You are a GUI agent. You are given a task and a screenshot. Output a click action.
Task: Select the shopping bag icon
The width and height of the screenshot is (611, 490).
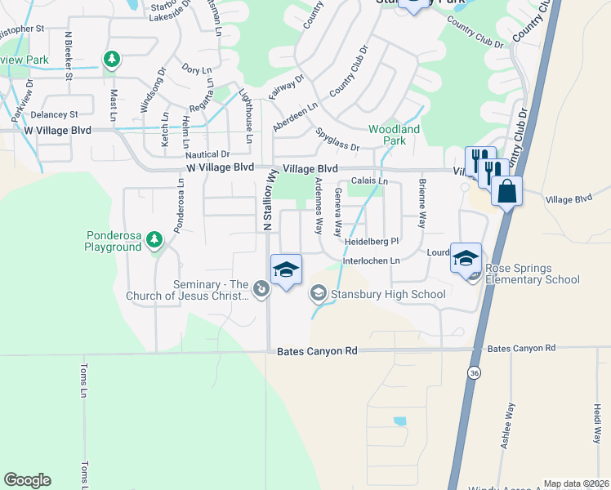click(507, 193)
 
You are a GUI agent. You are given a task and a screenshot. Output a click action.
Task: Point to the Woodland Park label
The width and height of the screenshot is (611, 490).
click(394, 135)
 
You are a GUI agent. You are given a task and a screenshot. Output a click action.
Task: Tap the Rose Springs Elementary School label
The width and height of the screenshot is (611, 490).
click(533, 274)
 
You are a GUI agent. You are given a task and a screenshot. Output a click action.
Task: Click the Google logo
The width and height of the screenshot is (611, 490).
click(27, 480)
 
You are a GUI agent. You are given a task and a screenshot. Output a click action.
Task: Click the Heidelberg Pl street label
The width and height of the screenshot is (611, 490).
click(371, 242)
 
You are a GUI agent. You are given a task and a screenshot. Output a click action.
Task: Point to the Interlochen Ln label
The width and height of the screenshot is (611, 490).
click(371, 261)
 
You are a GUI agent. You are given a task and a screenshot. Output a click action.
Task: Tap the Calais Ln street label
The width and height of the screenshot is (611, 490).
click(369, 180)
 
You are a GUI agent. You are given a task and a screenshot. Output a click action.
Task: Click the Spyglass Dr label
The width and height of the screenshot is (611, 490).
click(337, 140)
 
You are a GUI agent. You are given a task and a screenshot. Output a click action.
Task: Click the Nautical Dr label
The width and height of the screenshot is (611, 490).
click(207, 154)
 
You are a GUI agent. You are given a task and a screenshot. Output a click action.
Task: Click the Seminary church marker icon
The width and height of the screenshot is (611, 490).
click(260, 287)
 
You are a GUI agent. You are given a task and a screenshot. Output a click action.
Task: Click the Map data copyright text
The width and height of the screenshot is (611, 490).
click(576, 483)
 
